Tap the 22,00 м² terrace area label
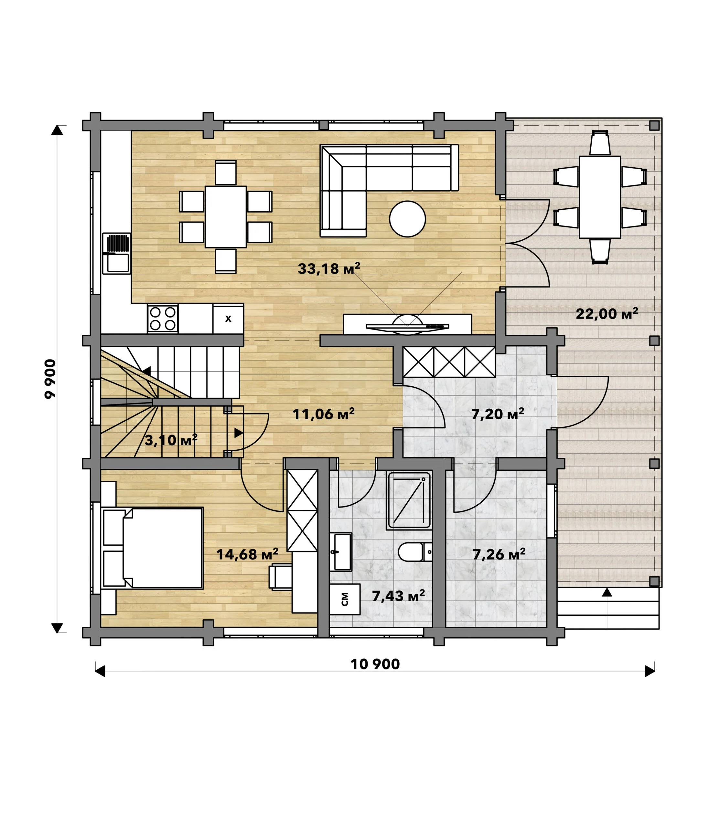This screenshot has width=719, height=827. (x=606, y=313)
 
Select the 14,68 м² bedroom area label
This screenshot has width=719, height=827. (x=247, y=554)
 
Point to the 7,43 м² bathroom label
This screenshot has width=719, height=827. (x=398, y=596)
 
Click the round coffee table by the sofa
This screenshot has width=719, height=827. (x=407, y=219)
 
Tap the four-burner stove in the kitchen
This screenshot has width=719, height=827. (x=163, y=319)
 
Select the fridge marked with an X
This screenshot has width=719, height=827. (x=228, y=319)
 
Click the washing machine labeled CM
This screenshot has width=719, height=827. (x=345, y=599)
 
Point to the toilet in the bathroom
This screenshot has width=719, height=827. (x=415, y=552)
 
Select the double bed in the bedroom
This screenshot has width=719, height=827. (x=153, y=548)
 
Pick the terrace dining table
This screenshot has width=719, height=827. (x=600, y=197)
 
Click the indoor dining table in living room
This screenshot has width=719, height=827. (x=225, y=217)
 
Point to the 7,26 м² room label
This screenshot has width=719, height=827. (x=499, y=554)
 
